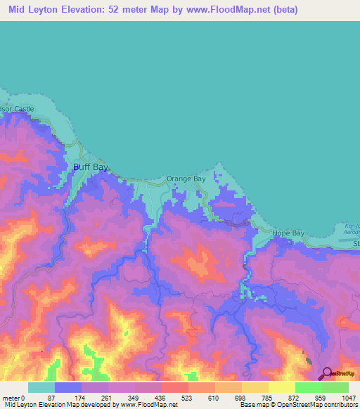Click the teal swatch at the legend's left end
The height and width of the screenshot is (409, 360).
(41, 387)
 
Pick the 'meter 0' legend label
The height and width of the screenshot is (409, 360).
(14, 397)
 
